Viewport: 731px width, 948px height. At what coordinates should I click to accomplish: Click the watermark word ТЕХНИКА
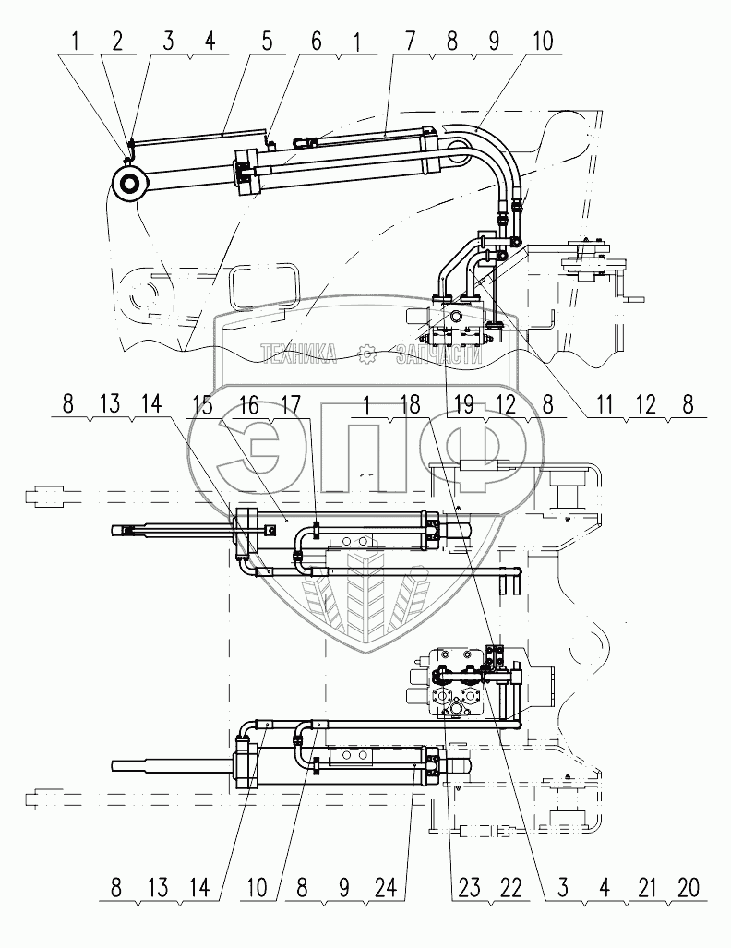point(299,354)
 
